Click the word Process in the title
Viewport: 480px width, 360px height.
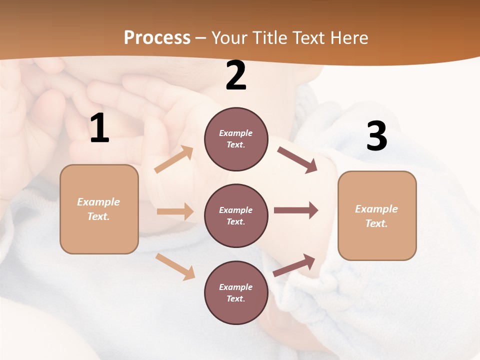(x=157, y=38)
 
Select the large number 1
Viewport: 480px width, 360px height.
(x=99, y=128)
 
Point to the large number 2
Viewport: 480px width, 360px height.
(x=236, y=76)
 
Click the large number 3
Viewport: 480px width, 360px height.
(x=376, y=136)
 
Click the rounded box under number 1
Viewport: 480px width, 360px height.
(x=99, y=209)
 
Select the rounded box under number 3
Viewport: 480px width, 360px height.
(x=377, y=215)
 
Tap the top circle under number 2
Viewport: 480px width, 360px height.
(x=236, y=139)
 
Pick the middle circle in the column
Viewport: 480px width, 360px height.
(x=236, y=215)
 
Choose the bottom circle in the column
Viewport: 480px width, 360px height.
(x=236, y=292)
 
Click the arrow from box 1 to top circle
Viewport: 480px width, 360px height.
(x=174, y=159)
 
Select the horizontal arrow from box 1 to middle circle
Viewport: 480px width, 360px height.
(x=175, y=211)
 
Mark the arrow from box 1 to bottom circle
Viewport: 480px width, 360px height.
(x=175, y=266)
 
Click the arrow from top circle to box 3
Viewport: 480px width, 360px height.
(x=297, y=160)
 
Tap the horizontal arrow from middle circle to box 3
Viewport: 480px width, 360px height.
(x=296, y=210)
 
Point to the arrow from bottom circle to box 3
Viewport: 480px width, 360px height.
(x=294, y=265)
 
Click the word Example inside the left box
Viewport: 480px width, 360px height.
(x=98, y=202)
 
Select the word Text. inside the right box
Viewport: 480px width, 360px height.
(x=376, y=223)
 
